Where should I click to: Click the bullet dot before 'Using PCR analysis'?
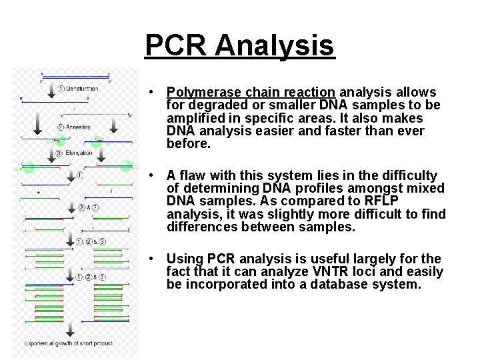pyautogui.click(x=153, y=259)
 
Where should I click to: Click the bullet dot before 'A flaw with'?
pyautogui.click(x=153, y=175)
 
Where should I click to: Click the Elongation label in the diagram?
pyautogui.click(x=79, y=153)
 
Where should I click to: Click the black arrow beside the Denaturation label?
pyautogui.click(x=52, y=87)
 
